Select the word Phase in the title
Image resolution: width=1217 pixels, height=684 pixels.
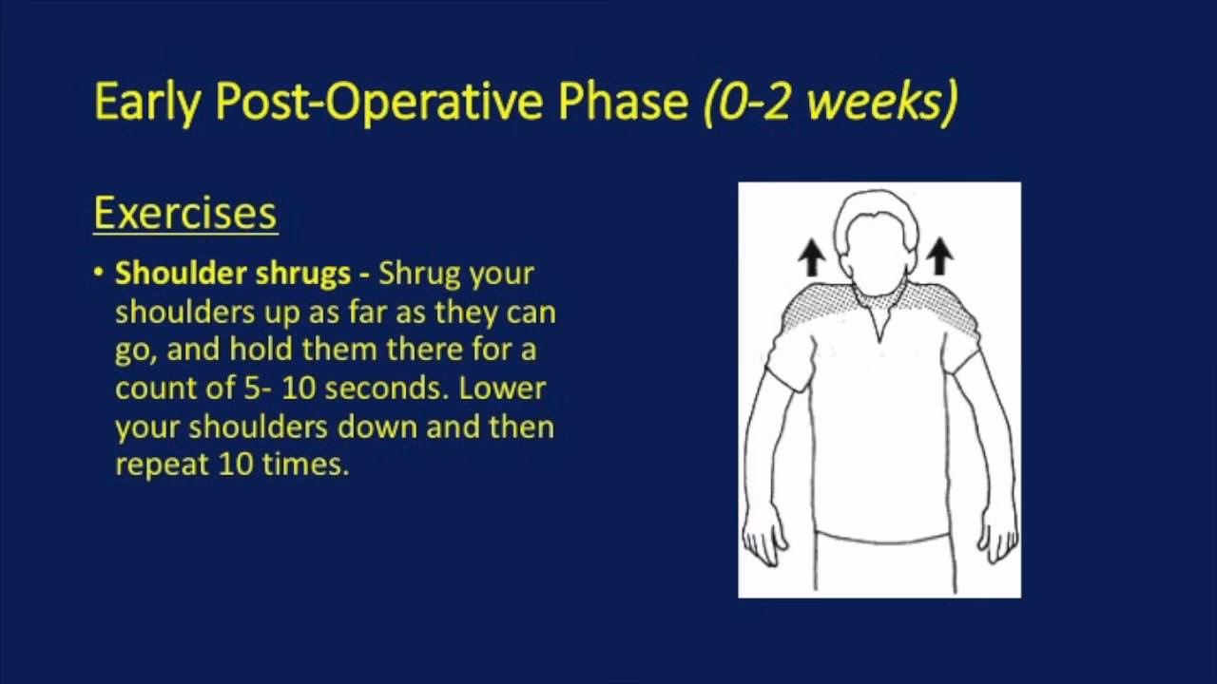click(623, 101)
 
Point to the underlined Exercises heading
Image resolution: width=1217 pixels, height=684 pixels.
click(185, 214)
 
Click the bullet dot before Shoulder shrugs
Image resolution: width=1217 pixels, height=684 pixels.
click(98, 272)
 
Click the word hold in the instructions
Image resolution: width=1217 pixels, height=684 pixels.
click(261, 349)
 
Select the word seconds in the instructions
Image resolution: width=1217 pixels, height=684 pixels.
click(387, 389)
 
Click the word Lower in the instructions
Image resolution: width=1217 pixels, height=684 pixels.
click(502, 389)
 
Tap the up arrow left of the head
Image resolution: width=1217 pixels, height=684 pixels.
click(812, 256)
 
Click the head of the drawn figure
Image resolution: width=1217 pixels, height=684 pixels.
click(876, 238)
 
